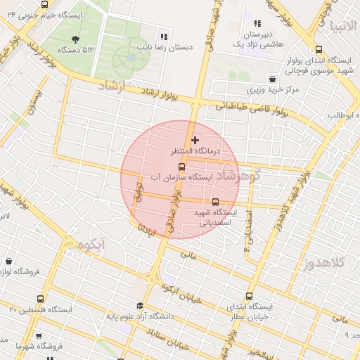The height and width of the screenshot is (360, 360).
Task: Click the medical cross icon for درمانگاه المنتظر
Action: (195, 141)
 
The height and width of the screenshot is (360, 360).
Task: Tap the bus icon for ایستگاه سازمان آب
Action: (182, 167)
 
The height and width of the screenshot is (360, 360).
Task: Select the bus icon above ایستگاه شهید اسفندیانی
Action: (215, 202)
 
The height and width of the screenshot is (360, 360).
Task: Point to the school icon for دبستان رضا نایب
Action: (164, 37)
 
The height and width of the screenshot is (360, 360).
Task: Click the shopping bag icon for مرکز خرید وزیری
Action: (271, 78)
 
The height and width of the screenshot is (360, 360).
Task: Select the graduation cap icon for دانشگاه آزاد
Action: (140, 306)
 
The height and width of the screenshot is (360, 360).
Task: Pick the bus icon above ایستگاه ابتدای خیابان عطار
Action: (249, 296)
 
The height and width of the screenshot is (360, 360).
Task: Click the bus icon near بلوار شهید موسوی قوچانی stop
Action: (319, 49)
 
